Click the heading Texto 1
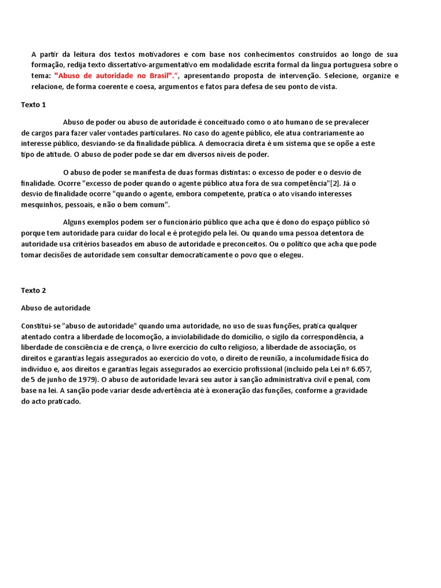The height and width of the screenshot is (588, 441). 33,105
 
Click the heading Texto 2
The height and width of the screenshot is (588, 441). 33,291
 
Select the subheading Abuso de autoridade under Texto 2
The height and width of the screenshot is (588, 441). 56,308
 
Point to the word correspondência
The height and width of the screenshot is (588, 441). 326,336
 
